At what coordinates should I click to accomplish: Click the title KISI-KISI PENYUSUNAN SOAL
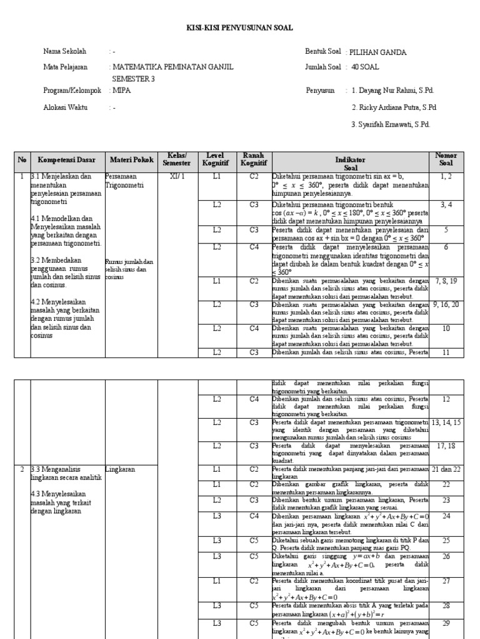tap(240, 28)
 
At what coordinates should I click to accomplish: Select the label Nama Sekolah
tap(65, 51)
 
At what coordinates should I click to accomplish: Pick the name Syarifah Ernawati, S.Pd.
tap(391, 124)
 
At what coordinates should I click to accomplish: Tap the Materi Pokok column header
tap(131, 160)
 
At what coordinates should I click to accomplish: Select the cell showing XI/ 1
tap(177, 177)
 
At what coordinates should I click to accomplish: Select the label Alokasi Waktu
tap(66, 107)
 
